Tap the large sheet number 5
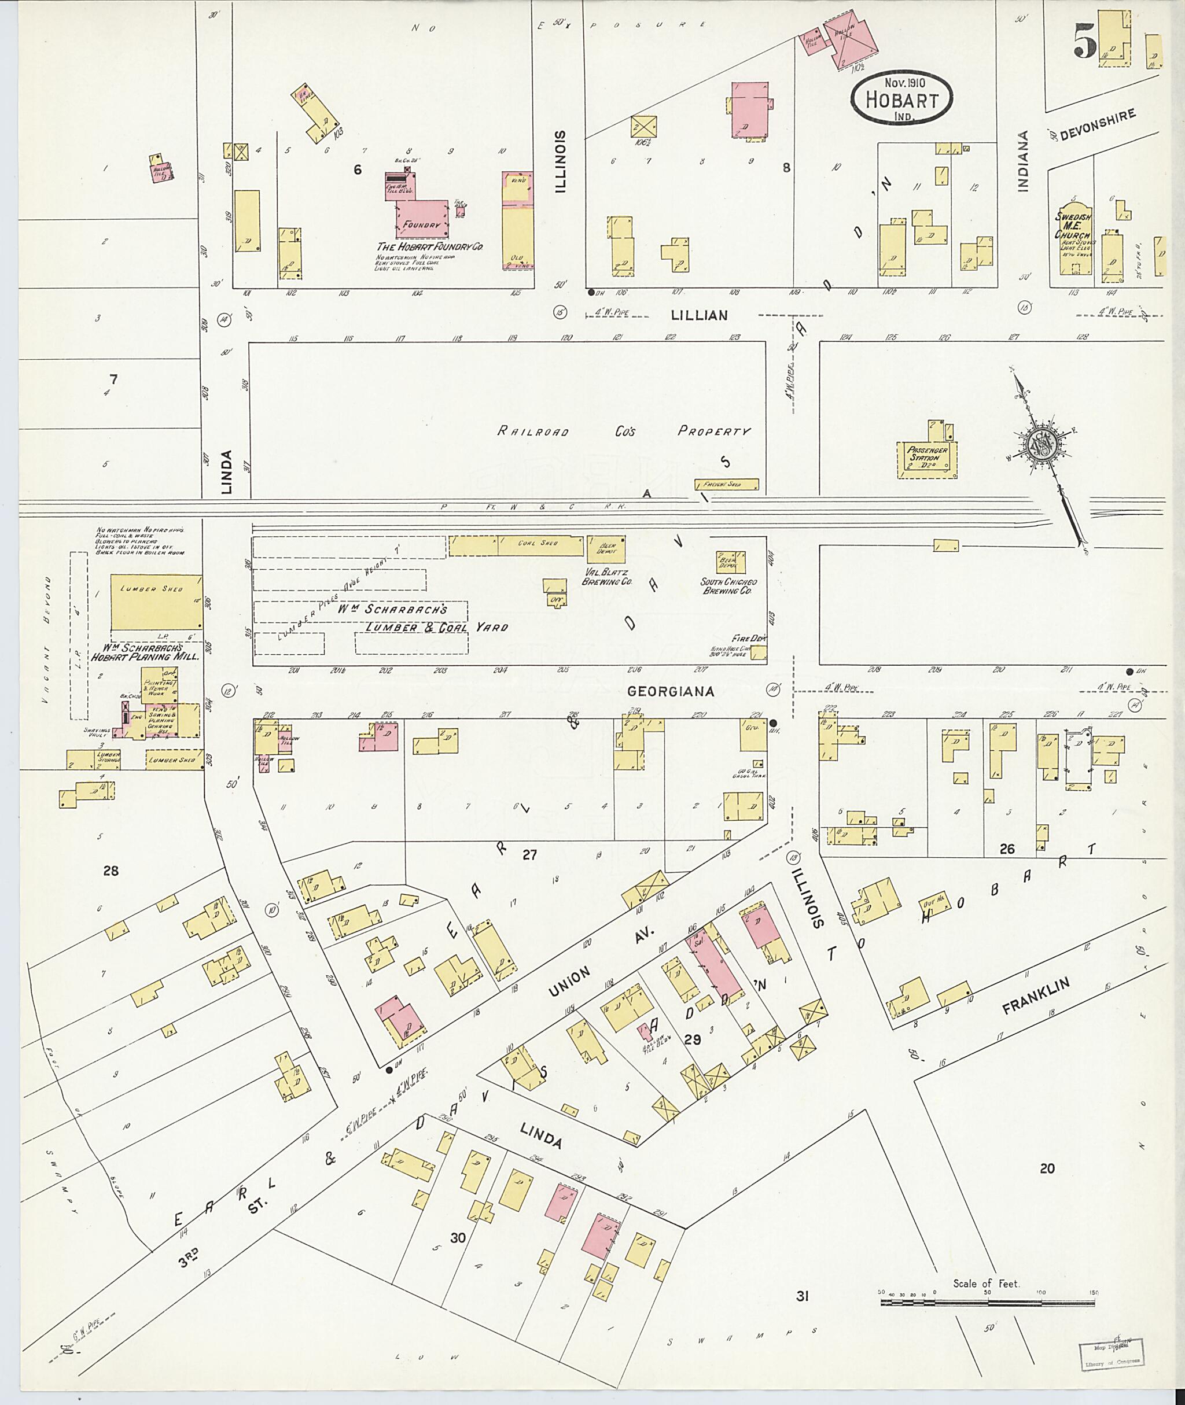[x=1085, y=42]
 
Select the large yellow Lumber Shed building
[x=156, y=601]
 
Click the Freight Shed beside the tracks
[x=727, y=484]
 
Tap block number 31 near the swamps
[x=801, y=1296]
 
